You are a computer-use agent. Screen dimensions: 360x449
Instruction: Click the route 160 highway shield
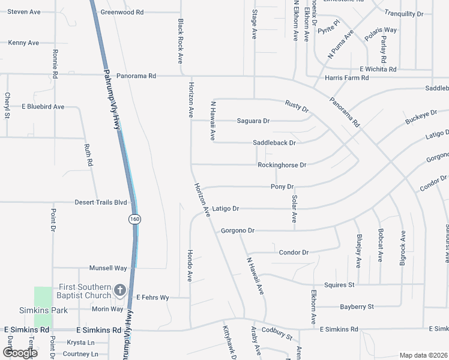click(134, 219)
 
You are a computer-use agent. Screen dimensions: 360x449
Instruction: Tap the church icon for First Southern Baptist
click(119, 291)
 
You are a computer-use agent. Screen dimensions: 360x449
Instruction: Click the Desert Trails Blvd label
click(101, 202)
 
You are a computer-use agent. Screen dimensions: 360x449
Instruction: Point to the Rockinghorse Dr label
click(282, 165)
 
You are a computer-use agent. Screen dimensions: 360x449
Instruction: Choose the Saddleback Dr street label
click(274, 143)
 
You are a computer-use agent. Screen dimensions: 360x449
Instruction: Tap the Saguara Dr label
click(253, 121)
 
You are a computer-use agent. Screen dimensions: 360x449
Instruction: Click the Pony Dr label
click(282, 187)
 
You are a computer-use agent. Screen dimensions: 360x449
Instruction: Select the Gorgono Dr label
click(238, 230)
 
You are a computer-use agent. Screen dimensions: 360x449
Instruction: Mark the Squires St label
click(339, 284)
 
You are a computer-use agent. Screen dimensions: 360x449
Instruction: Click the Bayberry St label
click(357, 307)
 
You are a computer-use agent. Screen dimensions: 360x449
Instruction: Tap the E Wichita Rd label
click(378, 69)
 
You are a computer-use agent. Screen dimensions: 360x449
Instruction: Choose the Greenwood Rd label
click(122, 12)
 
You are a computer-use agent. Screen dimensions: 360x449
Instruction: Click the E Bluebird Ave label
click(43, 107)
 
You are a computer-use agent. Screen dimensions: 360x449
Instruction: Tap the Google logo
click(20, 353)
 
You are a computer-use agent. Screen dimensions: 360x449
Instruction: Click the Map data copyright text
click(423, 355)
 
